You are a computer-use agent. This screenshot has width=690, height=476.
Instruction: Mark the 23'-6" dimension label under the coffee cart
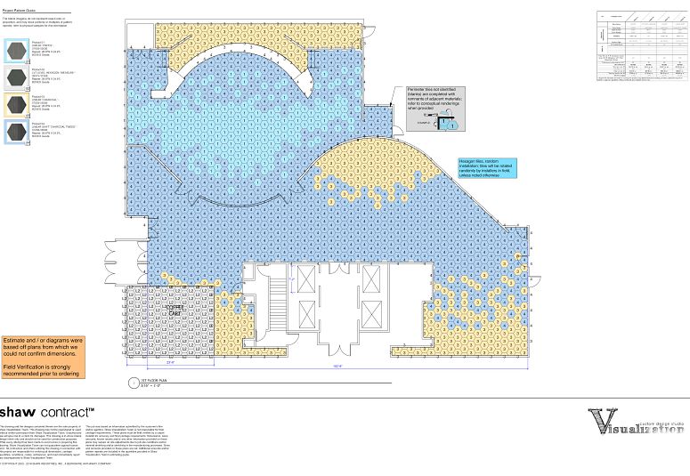coord(169,362)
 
